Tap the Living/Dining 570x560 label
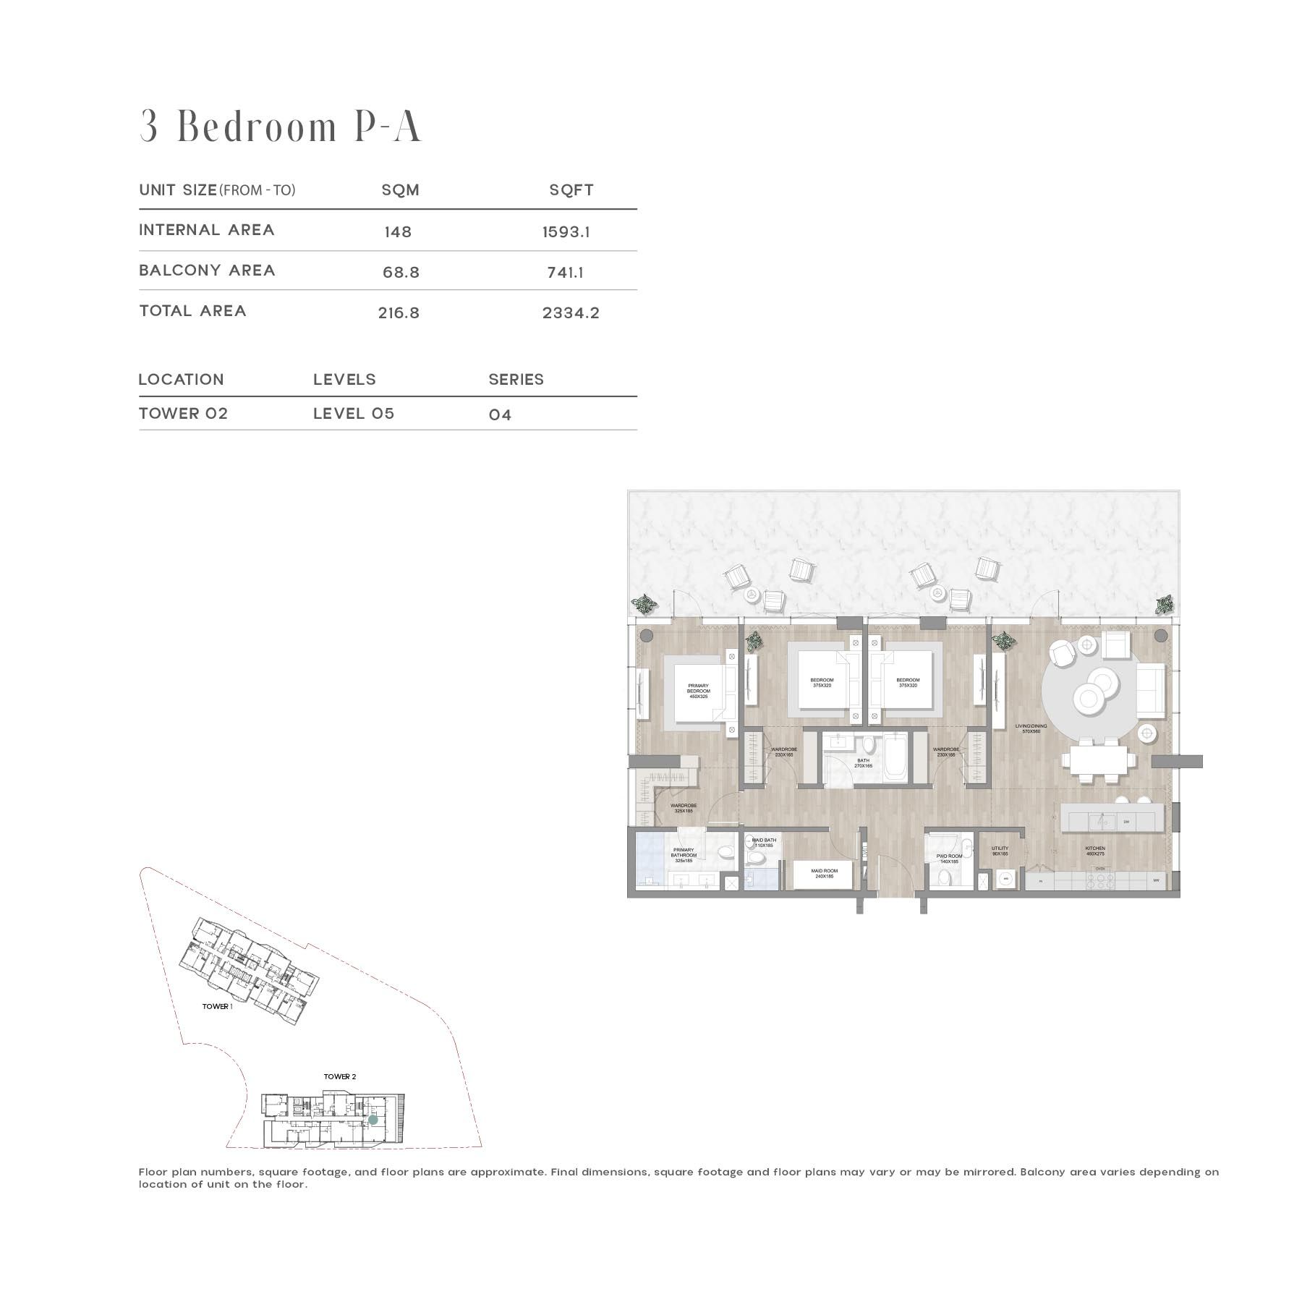pyautogui.click(x=1030, y=728)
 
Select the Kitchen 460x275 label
pyautogui.click(x=1095, y=851)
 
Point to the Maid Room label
pyautogui.click(x=824, y=873)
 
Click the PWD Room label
pyautogui.click(x=949, y=859)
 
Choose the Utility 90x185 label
pyautogui.click(x=1000, y=851)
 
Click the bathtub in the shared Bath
pyautogui.click(x=895, y=757)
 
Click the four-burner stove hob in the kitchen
pyautogui.click(x=1100, y=881)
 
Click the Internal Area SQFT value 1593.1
pyautogui.click(x=566, y=232)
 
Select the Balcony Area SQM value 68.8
pyautogui.click(x=401, y=273)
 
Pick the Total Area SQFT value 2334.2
pyautogui.click(x=571, y=313)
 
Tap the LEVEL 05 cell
pyautogui.click(x=354, y=414)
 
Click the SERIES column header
pyautogui.click(x=516, y=380)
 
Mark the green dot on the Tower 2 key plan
pyautogui.click(x=373, y=1119)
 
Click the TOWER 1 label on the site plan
pyautogui.click(x=217, y=1006)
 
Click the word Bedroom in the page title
pyautogui.click(x=258, y=127)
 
